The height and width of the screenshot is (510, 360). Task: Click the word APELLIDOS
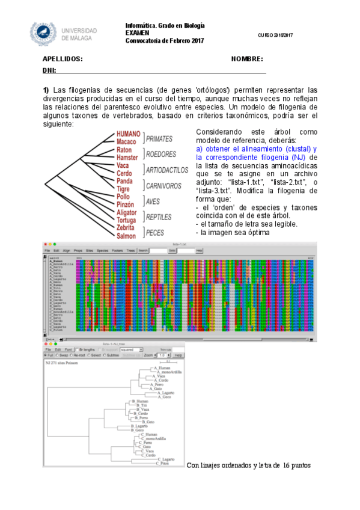tap(63, 59)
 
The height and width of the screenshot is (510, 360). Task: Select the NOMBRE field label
tap(247, 59)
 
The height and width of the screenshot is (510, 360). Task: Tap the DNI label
tap(49, 70)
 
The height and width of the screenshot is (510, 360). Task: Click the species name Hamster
tap(127, 157)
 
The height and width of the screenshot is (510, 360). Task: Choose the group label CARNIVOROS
tap(163, 186)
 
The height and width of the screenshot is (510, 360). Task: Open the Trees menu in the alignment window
tap(130, 250)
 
